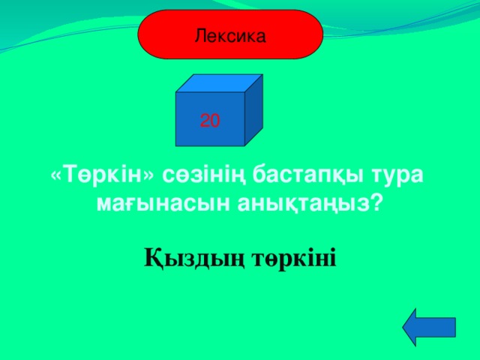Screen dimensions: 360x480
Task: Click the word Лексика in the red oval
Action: click(x=229, y=34)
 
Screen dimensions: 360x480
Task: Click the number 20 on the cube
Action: click(x=210, y=119)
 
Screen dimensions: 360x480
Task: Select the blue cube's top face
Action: click(x=220, y=83)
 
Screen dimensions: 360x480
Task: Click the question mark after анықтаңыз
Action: click(x=376, y=202)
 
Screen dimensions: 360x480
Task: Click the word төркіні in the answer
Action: click(x=294, y=259)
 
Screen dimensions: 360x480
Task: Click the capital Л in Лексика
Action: click(x=199, y=34)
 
